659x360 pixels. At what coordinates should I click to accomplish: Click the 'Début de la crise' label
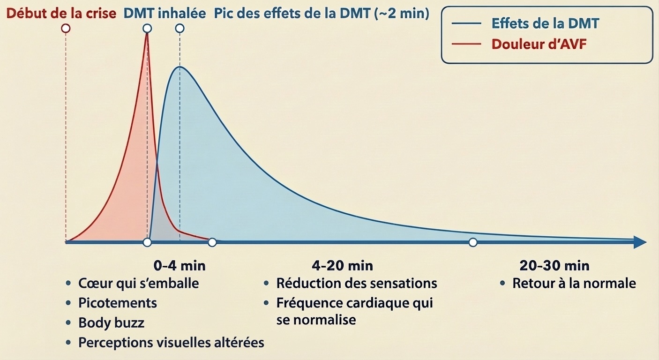tap(61, 13)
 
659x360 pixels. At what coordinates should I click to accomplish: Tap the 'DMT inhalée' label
tap(165, 13)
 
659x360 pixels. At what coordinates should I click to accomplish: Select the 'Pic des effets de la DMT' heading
tap(322, 13)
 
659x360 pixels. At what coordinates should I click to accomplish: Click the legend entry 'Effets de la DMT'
tap(545, 23)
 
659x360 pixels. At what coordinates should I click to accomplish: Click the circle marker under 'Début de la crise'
tap(66, 28)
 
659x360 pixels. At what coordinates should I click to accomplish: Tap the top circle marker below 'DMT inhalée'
tap(147, 28)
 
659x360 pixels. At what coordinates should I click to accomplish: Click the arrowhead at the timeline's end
tap(639, 242)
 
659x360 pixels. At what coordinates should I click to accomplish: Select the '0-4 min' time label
tap(180, 266)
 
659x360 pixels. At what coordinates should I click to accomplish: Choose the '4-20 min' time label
tap(342, 266)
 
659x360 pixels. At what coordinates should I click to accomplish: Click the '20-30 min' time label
tap(554, 266)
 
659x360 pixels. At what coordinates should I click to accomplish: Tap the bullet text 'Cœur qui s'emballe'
tap(138, 283)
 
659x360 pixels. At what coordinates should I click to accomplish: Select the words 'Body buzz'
tap(111, 323)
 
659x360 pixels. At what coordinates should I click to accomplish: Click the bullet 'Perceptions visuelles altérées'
tap(171, 343)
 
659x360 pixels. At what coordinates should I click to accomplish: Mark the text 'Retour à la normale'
tap(574, 283)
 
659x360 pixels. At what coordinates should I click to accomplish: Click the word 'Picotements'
tap(117, 303)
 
